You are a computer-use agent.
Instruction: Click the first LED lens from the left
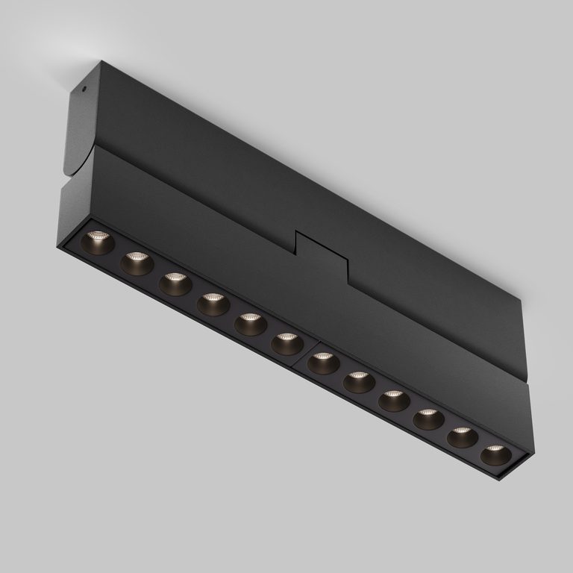tap(98, 242)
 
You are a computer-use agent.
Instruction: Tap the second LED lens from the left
tap(137, 263)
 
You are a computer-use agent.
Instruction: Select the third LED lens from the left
tap(174, 283)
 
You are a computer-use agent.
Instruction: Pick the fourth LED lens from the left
tap(212, 303)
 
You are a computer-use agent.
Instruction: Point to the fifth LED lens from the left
tap(249, 323)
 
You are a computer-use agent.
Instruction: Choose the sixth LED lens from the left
tap(286, 343)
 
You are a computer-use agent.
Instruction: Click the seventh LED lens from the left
tap(323, 363)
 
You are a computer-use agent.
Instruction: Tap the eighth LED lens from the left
tap(359, 381)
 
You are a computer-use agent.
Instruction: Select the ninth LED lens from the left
tap(394, 400)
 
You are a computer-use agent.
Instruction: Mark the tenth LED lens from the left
tap(428, 419)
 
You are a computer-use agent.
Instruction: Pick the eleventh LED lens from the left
tap(462, 436)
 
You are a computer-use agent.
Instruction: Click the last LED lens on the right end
tap(495, 454)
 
